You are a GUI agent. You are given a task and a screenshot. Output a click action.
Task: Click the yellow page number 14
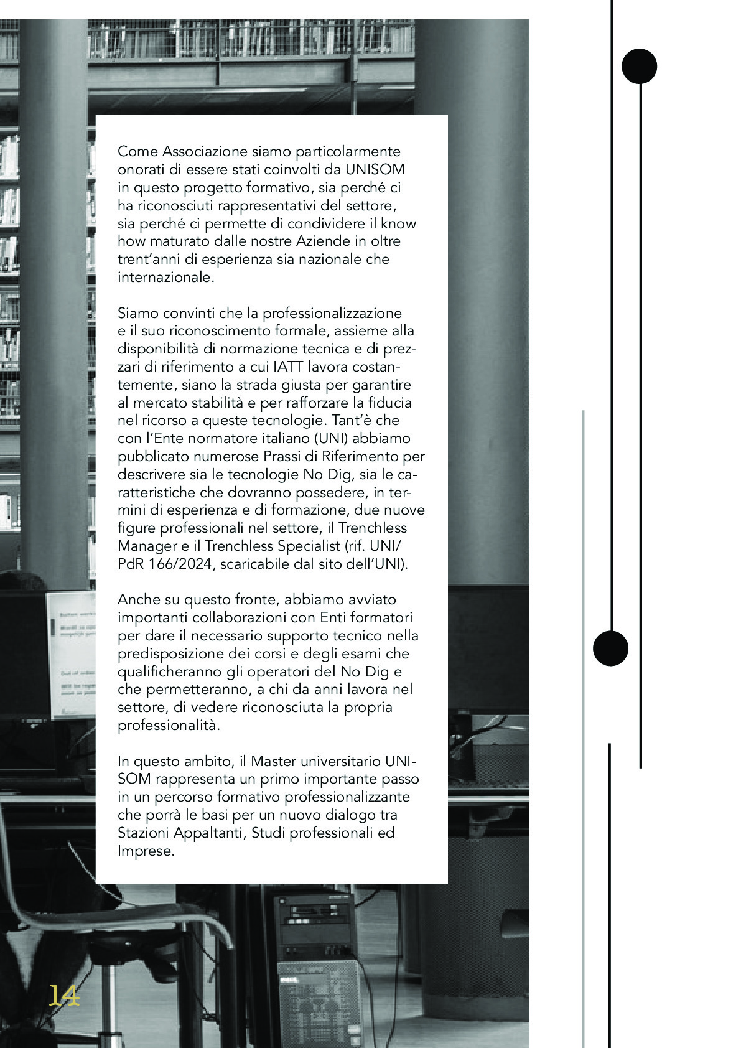(x=64, y=995)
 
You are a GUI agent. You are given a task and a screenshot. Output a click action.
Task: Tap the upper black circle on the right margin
(x=639, y=66)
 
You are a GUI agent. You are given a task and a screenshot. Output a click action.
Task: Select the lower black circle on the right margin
(x=610, y=648)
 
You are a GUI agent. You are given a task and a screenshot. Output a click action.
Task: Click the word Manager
(x=147, y=546)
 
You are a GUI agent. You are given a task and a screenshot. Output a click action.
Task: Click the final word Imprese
(x=146, y=851)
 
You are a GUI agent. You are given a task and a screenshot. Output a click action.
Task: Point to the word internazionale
(x=165, y=277)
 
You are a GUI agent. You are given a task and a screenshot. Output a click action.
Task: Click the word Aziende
(x=309, y=241)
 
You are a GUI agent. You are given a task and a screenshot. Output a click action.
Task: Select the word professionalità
(x=169, y=726)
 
